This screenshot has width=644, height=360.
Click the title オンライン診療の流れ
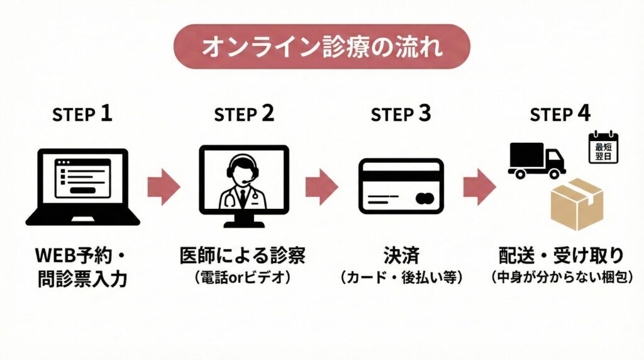(321, 47)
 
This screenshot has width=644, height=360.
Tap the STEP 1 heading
(82, 115)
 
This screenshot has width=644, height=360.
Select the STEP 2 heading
(244, 115)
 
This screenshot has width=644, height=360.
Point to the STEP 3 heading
(401, 115)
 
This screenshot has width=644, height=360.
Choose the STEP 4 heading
(560, 115)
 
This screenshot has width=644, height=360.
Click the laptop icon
(82, 187)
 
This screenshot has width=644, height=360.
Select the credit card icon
(401, 186)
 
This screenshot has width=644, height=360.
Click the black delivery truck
(536, 160)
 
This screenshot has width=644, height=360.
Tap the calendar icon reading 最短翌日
(603, 148)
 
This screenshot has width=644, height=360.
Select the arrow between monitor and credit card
(321, 187)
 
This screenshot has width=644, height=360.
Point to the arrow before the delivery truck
(479, 187)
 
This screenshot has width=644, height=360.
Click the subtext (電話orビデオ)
(243, 276)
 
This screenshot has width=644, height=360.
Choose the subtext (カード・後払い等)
(401, 276)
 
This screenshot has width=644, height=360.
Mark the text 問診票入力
(82, 279)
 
